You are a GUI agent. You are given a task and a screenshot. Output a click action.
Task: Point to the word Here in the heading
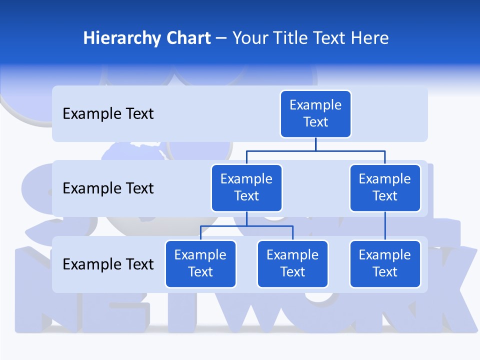tap(369, 38)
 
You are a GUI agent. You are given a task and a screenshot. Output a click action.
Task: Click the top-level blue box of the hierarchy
tap(315, 114)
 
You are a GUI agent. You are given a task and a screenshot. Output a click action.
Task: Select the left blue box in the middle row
tap(246, 188)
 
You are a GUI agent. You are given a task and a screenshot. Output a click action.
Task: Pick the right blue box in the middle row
tap(385, 188)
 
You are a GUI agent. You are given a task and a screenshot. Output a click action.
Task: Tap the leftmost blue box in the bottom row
tap(200, 264)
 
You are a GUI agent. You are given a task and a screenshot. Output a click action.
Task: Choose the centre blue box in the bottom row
tap(292, 264)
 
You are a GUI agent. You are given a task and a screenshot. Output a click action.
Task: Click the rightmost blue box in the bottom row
tap(385, 264)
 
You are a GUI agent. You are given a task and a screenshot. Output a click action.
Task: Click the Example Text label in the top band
tap(108, 114)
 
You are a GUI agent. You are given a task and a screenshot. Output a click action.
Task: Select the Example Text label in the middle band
tap(108, 188)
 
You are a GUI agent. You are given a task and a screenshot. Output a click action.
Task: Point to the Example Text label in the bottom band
tap(108, 264)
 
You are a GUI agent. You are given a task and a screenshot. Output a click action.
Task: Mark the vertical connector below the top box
tap(315, 144)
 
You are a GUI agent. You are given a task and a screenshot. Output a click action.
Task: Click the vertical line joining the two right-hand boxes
tap(385, 226)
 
